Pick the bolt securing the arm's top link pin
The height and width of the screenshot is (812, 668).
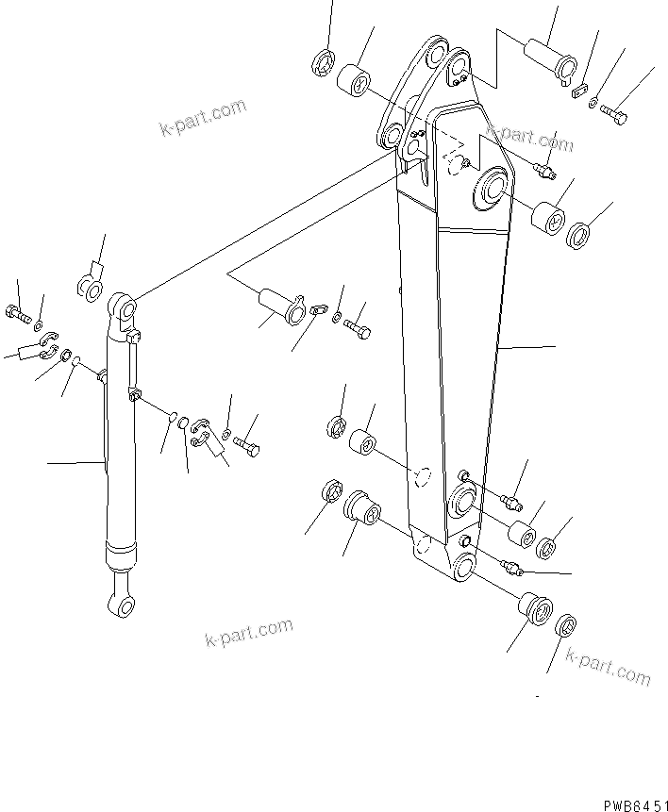tap(614, 116)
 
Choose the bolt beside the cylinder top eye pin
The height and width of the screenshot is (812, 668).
tap(359, 330)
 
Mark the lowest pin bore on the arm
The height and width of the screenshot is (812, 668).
tap(462, 570)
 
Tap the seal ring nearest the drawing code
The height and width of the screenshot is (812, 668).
tap(565, 624)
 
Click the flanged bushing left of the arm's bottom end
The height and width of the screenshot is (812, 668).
tap(362, 508)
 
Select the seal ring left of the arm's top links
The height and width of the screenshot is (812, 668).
tap(321, 63)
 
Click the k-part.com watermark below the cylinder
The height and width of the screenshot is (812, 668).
tap(248, 634)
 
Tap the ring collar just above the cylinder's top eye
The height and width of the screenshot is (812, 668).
tap(90, 286)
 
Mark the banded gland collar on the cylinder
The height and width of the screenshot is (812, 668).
tap(120, 554)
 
